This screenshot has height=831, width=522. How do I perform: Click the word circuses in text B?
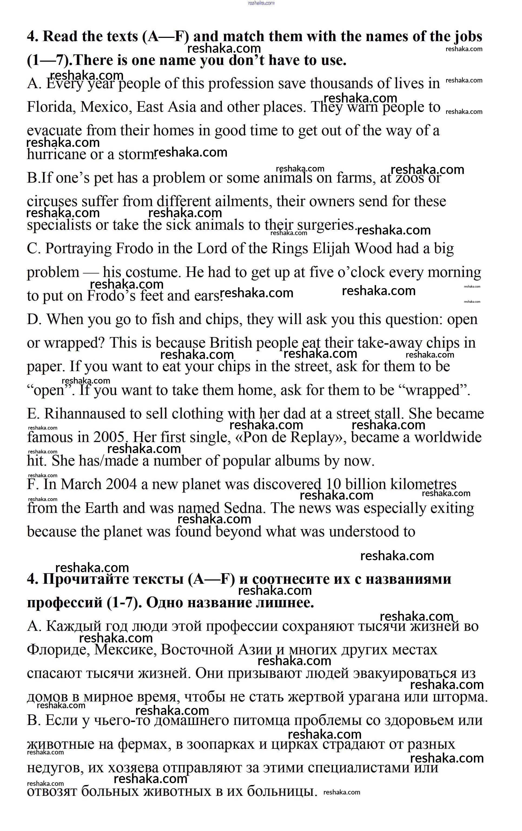click(52, 202)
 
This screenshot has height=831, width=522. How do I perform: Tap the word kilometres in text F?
click(423, 484)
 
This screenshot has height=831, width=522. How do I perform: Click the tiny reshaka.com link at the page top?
click(261, 3)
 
